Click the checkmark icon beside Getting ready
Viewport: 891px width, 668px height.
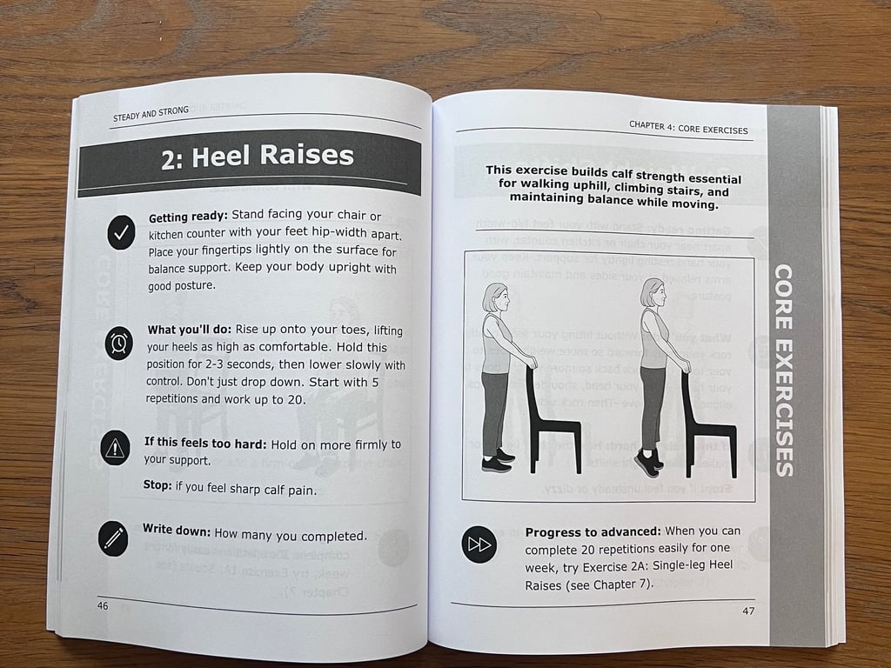(x=121, y=231)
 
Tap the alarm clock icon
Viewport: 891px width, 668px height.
(x=118, y=343)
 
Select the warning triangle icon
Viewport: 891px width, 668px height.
(x=115, y=448)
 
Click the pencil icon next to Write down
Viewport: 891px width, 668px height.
(x=113, y=538)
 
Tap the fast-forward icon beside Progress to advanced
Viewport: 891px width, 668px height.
(x=479, y=544)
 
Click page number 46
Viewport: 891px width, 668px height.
(x=103, y=605)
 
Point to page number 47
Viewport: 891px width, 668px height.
(x=748, y=611)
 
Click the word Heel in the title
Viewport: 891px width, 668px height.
(x=222, y=157)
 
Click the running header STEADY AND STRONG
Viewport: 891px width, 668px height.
(x=151, y=114)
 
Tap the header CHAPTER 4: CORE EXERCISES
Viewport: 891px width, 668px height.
(x=688, y=128)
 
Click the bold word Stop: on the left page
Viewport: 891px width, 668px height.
(x=157, y=485)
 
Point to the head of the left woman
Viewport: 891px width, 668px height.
(x=495, y=297)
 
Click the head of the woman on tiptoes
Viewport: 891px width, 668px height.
(x=653, y=293)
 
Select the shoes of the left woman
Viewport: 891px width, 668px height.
(x=498, y=461)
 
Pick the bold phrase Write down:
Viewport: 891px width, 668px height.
(x=177, y=530)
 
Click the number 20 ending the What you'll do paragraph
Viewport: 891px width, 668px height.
(x=295, y=399)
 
